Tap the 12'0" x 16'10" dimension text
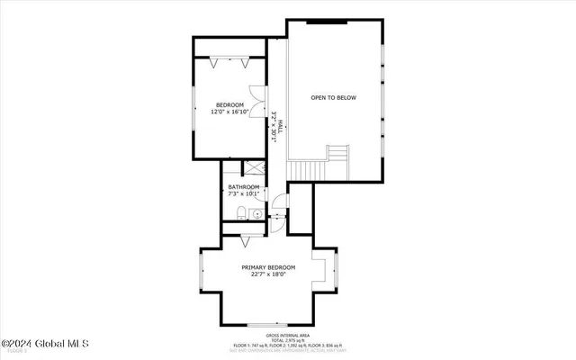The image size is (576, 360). [x=229, y=112]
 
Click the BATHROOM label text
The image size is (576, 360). [x=243, y=186]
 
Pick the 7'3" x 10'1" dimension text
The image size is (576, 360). [x=243, y=193]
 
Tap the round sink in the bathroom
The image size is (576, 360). [x=256, y=215]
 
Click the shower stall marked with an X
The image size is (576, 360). [x=254, y=168]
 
